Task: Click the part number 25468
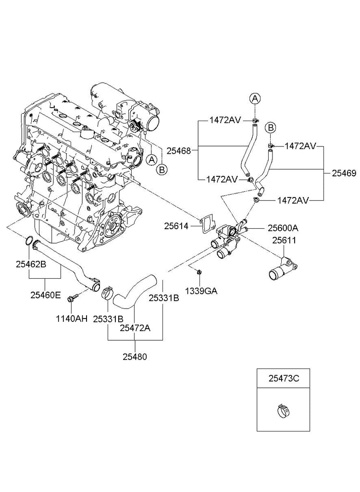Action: tap(179, 151)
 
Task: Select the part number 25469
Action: tap(344, 173)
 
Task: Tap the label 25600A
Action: tap(283, 228)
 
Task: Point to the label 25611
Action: tap(284, 240)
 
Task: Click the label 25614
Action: tap(176, 226)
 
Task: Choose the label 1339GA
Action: tap(201, 291)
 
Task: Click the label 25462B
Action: tap(31, 264)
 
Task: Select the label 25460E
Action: tap(46, 295)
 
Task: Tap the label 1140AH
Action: tap(72, 319)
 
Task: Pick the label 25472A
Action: tap(135, 328)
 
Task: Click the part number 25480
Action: tap(135, 357)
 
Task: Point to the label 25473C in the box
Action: tap(284, 379)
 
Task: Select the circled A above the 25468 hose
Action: tap(255, 99)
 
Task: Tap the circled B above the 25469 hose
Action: tap(270, 128)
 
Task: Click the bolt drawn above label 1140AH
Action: tap(70, 297)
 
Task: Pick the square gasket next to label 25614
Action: tap(208, 225)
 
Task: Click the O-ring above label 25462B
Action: tap(28, 241)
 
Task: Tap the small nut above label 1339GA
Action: tap(199, 271)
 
